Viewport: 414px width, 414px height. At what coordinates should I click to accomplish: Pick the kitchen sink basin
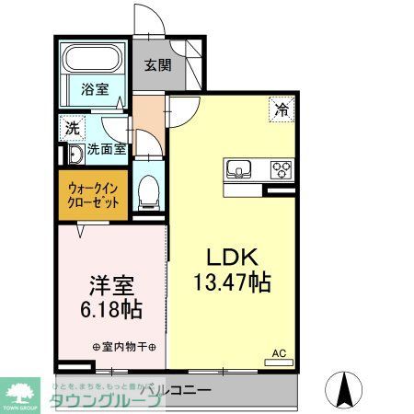[x=239, y=168]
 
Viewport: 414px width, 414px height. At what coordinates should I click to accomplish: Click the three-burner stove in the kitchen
[x=279, y=168]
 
